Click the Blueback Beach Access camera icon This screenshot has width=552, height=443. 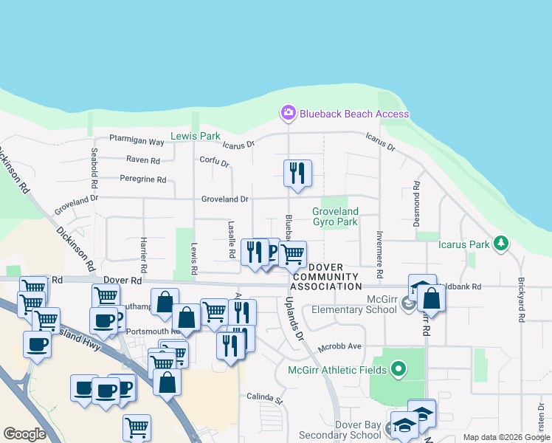click(x=288, y=113)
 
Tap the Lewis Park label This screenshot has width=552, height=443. click(x=195, y=137)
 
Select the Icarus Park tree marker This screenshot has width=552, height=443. click(x=501, y=243)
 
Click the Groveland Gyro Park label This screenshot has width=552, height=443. click(x=334, y=216)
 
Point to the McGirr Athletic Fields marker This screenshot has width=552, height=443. click(x=399, y=367)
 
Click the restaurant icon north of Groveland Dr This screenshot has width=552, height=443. click(x=297, y=174)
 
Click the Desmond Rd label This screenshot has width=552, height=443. click(x=416, y=202)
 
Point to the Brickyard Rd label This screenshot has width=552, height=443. click(x=521, y=299)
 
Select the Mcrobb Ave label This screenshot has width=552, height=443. click(x=339, y=346)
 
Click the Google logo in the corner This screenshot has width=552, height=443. click(x=24, y=434)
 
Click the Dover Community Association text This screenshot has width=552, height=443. click(x=326, y=277)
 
